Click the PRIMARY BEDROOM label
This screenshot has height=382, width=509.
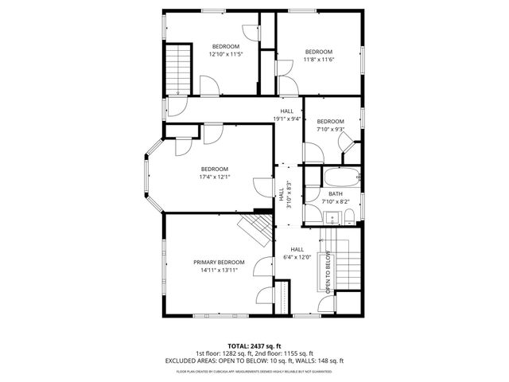(219, 262)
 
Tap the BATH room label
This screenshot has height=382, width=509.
(335, 194)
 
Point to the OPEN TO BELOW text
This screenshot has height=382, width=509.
(327, 273)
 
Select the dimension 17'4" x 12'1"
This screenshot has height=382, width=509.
(215, 177)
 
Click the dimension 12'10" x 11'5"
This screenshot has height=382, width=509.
(224, 55)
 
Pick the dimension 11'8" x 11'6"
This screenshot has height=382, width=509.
(319, 60)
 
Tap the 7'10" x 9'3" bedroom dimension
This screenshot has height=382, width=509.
(331, 129)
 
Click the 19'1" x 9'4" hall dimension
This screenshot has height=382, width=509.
(286, 119)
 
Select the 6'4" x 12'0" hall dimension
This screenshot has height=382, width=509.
(297, 257)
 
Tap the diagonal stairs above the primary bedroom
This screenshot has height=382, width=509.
(256, 231)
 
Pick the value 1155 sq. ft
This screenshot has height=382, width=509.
(296, 353)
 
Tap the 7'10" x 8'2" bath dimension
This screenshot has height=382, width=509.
(335, 202)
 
